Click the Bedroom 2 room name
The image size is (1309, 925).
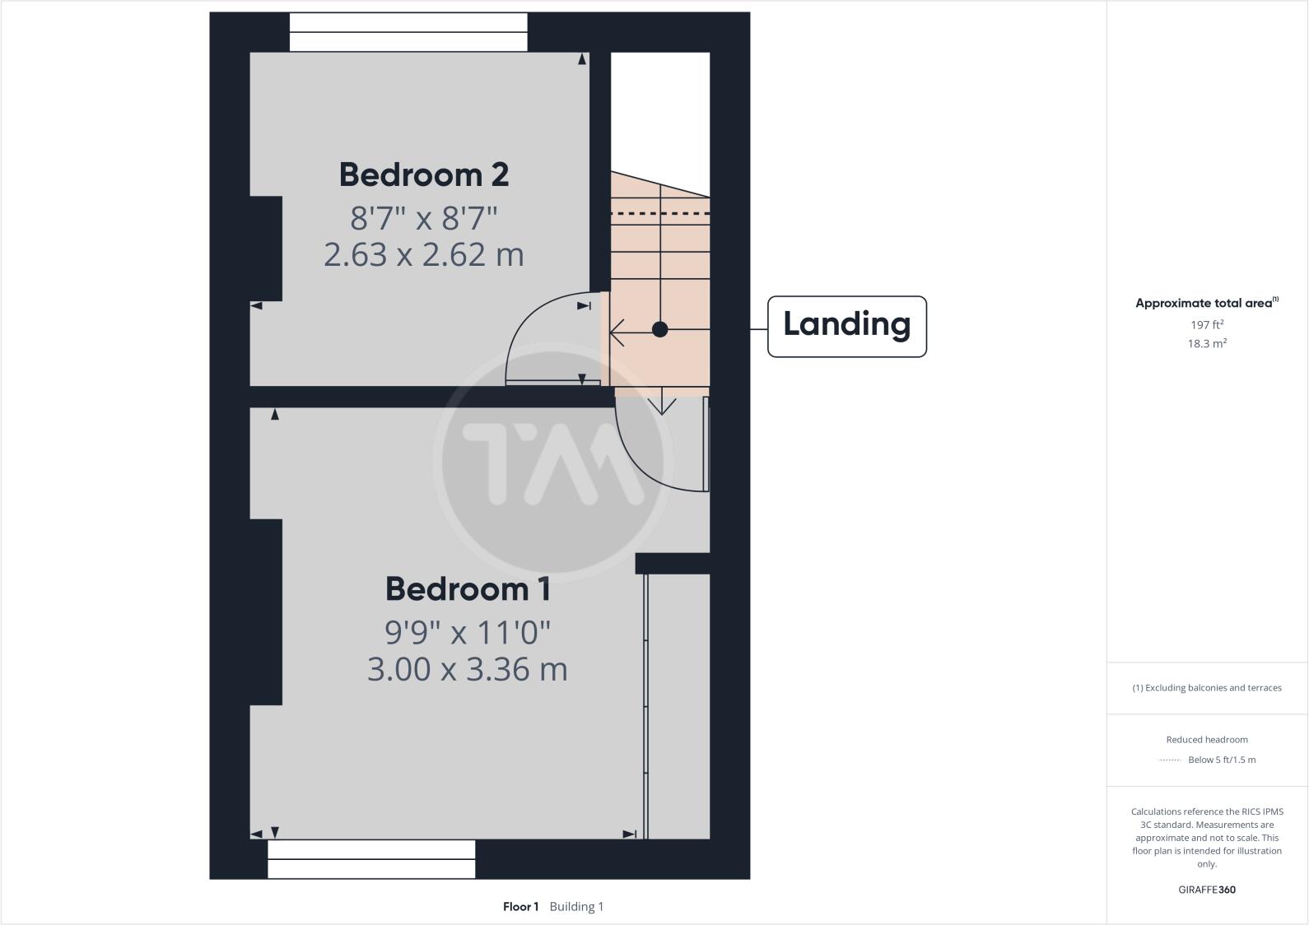[x=424, y=174]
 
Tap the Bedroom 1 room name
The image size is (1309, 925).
[x=468, y=589]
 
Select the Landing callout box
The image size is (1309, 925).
[x=846, y=326]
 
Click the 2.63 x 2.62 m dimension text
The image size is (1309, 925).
[x=424, y=254]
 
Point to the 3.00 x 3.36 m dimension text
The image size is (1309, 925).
[x=468, y=669]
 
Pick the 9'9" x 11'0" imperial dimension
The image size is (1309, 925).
[x=468, y=632]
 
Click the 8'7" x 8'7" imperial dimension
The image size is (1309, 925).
[x=424, y=218]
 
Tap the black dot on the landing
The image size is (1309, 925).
[x=659, y=329]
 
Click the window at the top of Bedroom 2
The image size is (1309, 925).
[x=408, y=32]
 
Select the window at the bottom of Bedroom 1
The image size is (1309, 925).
[x=371, y=859]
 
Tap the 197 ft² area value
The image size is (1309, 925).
[x=1207, y=325]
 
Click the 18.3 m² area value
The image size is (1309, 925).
[x=1207, y=344]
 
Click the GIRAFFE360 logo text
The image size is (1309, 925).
[x=1207, y=890]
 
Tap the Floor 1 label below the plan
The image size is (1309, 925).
[x=520, y=907]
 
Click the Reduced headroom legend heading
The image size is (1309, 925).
[x=1207, y=740]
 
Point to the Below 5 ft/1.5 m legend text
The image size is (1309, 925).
[x=1222, y=760]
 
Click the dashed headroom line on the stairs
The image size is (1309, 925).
[x=659, y=214]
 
